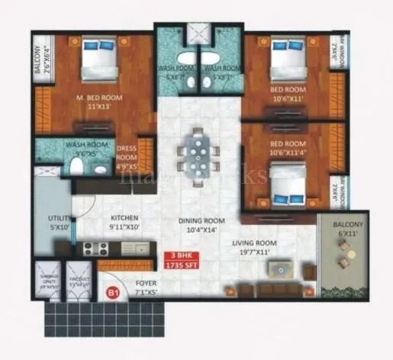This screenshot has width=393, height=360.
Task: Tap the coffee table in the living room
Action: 280,268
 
